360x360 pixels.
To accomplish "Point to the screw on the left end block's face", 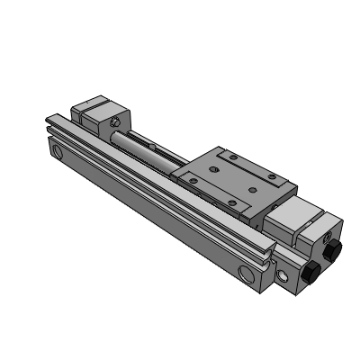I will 116,121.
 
